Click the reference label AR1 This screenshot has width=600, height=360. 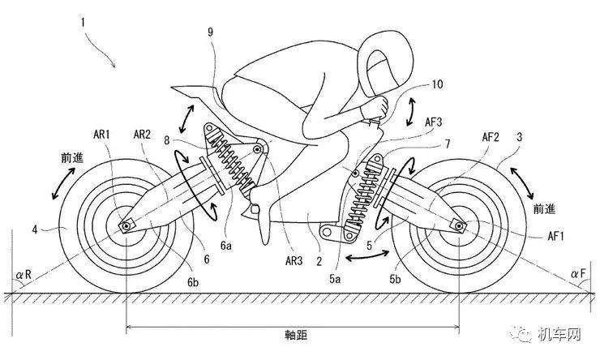click(x=101, y=135)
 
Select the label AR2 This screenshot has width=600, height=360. click(x=142, y=135)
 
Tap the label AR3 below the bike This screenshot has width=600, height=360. click(x=294, y=260)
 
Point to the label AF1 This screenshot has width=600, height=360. click(x=555, y=236)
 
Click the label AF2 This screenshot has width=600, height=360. click(x=491, y=136)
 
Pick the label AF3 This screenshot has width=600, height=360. click(x=433, y=122)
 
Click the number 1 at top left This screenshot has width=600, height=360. click(x=83, y=22)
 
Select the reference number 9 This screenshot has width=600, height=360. click(x=211, y=32)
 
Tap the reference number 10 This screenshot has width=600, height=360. click(x=437, y=84)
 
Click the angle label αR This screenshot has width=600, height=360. click(x=24, y=275)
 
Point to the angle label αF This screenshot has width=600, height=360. click(x=578, y=273)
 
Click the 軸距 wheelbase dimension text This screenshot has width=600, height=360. click(x=296, y=335)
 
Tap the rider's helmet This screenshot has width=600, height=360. click(x=385, y=63)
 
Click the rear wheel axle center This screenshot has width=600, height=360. click(x=126, y=225)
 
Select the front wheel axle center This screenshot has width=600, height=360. click(x=458, y=225)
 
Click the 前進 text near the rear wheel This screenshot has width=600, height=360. click(x=72, y=157)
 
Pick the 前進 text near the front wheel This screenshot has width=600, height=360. click(x=544, y=209)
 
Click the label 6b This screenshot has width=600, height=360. click(x=193, y=282)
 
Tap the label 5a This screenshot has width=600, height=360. click(x=335, y=279)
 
